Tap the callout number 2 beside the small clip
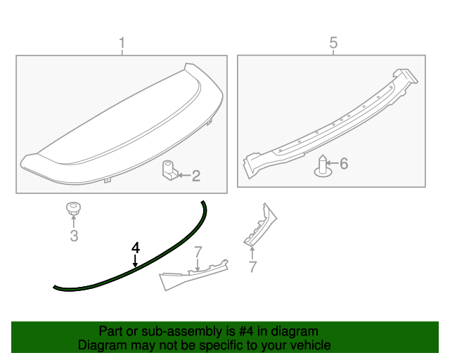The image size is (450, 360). click(196, 176)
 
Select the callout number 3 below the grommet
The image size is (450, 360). click(74, 236)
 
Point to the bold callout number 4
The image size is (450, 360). click(135, 247)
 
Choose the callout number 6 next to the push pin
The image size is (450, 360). click(344, 164)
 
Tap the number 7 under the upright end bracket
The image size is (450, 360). click(252, 266)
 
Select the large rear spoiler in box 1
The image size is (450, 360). click(123, 127)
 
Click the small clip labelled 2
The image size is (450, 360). click(169, 172)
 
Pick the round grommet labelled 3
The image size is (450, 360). click(72, 208)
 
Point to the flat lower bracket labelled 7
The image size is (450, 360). click(193, 275)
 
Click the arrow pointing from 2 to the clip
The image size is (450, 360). click(184, 176)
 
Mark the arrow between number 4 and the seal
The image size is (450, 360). click(135, 262)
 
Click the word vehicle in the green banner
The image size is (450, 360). click(310, 345)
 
